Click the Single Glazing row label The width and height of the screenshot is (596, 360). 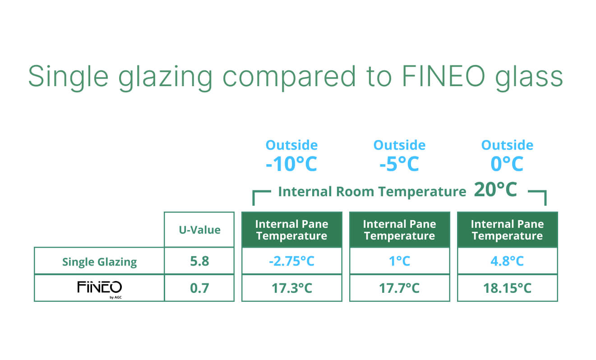pos(100,262)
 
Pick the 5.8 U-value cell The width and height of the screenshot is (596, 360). pos(199,261)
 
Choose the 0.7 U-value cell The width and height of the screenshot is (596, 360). pos(199,288)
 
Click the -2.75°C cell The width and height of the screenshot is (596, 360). pos(292,261)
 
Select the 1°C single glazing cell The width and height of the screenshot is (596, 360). pos(399,261)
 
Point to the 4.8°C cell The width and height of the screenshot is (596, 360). pos(507,261)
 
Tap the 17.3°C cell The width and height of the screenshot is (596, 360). pos(292,288)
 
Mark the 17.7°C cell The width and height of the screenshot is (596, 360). pos(399,288)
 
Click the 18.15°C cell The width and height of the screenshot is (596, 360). pos(507,288)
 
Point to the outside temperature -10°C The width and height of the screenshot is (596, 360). pos(291,164)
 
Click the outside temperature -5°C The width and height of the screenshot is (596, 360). pos(399,164)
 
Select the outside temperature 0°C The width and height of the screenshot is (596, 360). pos(507,164)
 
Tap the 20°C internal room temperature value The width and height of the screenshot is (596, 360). pos(495,189)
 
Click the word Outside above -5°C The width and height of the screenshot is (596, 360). pos(399,145)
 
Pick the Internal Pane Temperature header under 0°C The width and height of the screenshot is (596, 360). pos(507,230)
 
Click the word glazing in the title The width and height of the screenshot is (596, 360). pos(165,78)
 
